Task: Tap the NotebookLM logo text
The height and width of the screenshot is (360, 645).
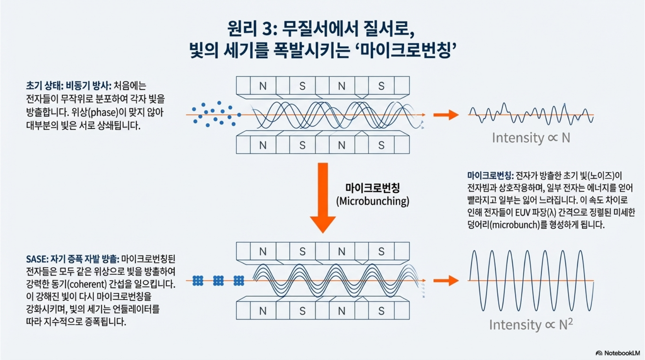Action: click(622, 353)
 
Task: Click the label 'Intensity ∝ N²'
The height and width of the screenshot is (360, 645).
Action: click(531, 325)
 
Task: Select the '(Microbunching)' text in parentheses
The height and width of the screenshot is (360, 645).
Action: click(372, 201)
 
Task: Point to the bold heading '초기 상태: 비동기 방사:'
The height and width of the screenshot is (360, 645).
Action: click(69, 86)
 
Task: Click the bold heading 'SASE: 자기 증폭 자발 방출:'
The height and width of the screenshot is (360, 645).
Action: click(73, 259)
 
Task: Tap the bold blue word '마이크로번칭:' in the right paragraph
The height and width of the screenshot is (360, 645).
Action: click(490, 175)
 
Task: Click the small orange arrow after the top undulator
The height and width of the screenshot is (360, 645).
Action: click(446, 115)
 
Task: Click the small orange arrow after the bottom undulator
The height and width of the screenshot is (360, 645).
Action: click(446, 281)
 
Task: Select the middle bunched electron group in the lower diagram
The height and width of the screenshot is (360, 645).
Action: click(218, 281)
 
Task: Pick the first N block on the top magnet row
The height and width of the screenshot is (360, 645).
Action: click(263, 86)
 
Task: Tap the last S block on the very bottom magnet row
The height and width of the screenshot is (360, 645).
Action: click(381, 311)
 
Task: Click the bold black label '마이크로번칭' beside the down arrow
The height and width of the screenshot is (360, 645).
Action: click(372, 188)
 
